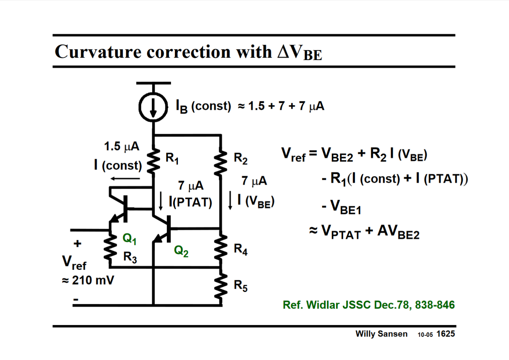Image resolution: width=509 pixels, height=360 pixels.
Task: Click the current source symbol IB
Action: [153, 107]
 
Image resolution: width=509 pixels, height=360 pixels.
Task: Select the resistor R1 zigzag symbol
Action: [154, 161]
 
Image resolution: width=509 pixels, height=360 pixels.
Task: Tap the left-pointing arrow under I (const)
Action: [125, 179]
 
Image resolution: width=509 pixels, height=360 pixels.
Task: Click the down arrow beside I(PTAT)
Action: [161, 201]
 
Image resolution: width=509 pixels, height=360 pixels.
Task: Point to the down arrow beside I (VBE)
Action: [230, 200]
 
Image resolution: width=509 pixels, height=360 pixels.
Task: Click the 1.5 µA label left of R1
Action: [121, 146]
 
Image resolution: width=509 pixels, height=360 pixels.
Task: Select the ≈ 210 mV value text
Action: [88, 280]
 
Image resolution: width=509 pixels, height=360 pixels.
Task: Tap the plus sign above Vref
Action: [78, 243]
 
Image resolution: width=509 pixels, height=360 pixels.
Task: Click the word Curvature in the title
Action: [98, 51]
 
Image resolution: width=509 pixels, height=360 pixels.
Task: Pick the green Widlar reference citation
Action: [368, 305]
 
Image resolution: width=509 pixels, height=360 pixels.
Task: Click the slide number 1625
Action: [445, 334]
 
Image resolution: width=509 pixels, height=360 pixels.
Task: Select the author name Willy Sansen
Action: [381, 334]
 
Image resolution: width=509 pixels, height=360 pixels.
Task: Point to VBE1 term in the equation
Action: [345, 207]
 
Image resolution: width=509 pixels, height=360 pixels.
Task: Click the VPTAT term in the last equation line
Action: [341, 232]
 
